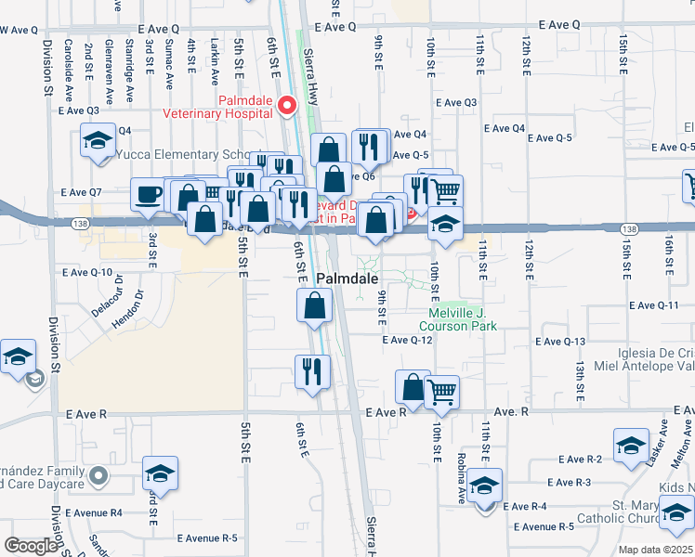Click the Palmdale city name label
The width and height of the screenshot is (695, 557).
347,278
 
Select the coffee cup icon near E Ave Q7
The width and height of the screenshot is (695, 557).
149,196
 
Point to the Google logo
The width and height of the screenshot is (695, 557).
31,545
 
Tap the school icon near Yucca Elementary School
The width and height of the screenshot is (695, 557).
96,143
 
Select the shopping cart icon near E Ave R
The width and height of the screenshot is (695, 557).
442,392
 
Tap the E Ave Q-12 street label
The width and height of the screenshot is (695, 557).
408,340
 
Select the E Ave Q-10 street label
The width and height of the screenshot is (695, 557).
87,273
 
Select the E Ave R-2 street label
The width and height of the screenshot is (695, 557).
581,460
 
